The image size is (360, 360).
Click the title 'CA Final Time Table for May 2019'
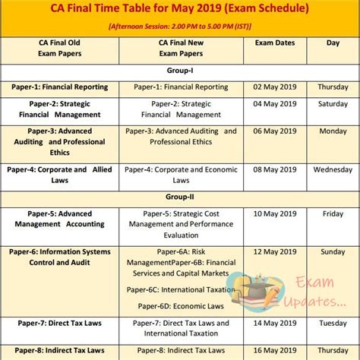[179, 10]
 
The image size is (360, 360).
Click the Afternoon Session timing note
[179, 27]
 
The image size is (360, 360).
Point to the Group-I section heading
[179, 71]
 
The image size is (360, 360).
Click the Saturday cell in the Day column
[332, 103]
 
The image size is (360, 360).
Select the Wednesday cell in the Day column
[332, 169]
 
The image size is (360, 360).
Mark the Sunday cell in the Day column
[332, 251]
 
